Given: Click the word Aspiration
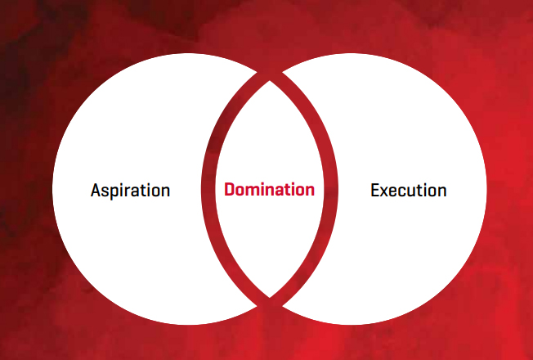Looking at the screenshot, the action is [x=131, y=191].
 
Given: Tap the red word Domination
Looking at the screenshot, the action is [x=269, y=190].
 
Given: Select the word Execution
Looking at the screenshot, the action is [x=408, y=191].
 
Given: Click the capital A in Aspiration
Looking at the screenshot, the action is [x=96, y=191].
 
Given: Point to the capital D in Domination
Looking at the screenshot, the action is [x=230, y=190].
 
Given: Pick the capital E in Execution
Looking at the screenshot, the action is [x=375, y=191].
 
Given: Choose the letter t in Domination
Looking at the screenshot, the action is [x=286, y=191].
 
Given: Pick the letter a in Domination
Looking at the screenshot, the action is [x=277, y=192].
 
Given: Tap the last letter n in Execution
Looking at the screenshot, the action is [x=441, y=192].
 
